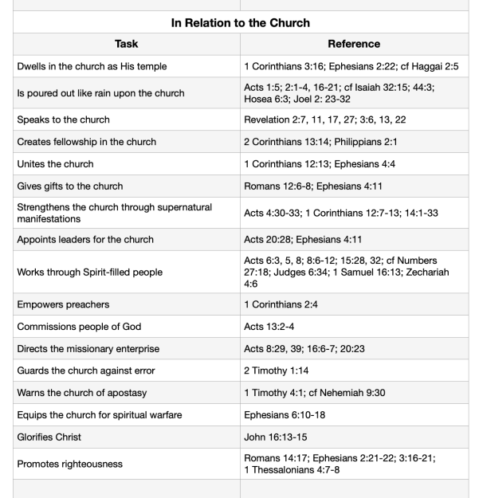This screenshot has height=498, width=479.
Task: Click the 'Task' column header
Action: click(126, 45)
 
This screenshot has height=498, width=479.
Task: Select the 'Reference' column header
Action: click(359, 45)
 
